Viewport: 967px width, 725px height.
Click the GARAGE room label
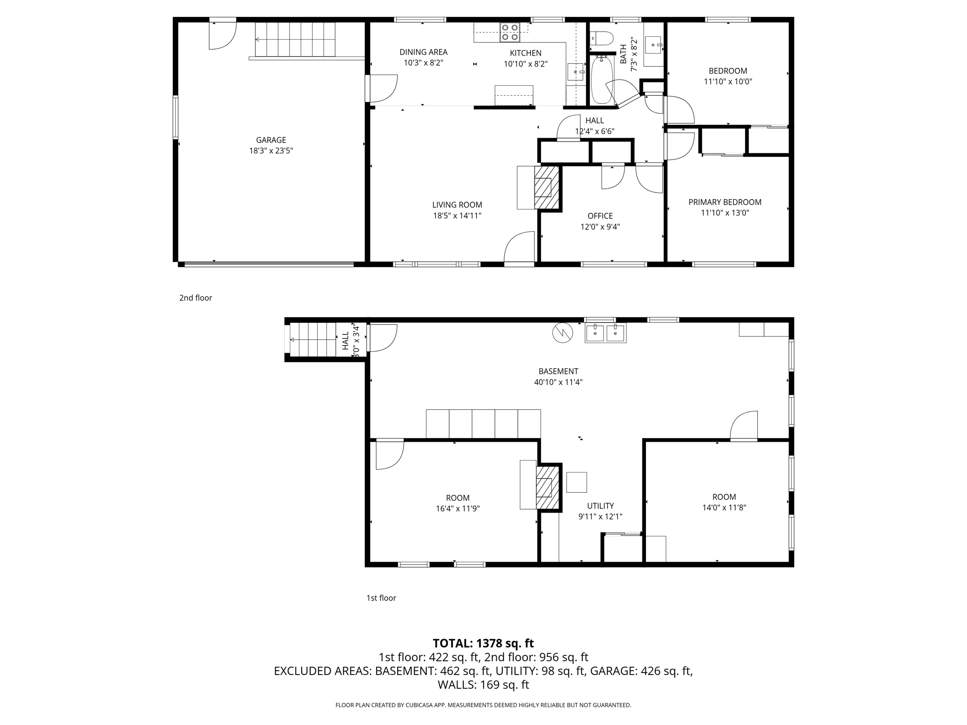271,140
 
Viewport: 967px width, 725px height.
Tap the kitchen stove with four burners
509,32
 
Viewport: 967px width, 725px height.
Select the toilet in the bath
601,37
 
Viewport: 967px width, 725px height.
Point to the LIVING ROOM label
457,205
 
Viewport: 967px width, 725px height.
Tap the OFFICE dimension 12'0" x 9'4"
600,227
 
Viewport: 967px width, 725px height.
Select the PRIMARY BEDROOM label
724,202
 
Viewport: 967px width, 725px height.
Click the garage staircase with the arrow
295,40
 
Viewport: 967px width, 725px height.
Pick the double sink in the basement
605,333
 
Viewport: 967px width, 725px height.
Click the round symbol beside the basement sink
562,333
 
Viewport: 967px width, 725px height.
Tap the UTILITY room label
600,506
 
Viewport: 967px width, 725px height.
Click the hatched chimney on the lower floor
548,487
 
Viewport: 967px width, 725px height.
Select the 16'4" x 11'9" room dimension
458,509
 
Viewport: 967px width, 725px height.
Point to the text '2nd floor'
195,298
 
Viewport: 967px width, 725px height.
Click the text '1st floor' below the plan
381,598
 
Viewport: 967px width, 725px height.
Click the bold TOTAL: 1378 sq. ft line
483,643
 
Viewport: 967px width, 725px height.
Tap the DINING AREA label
423,52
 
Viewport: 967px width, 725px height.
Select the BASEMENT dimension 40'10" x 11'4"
558,382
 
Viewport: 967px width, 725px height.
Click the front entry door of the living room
519,248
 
